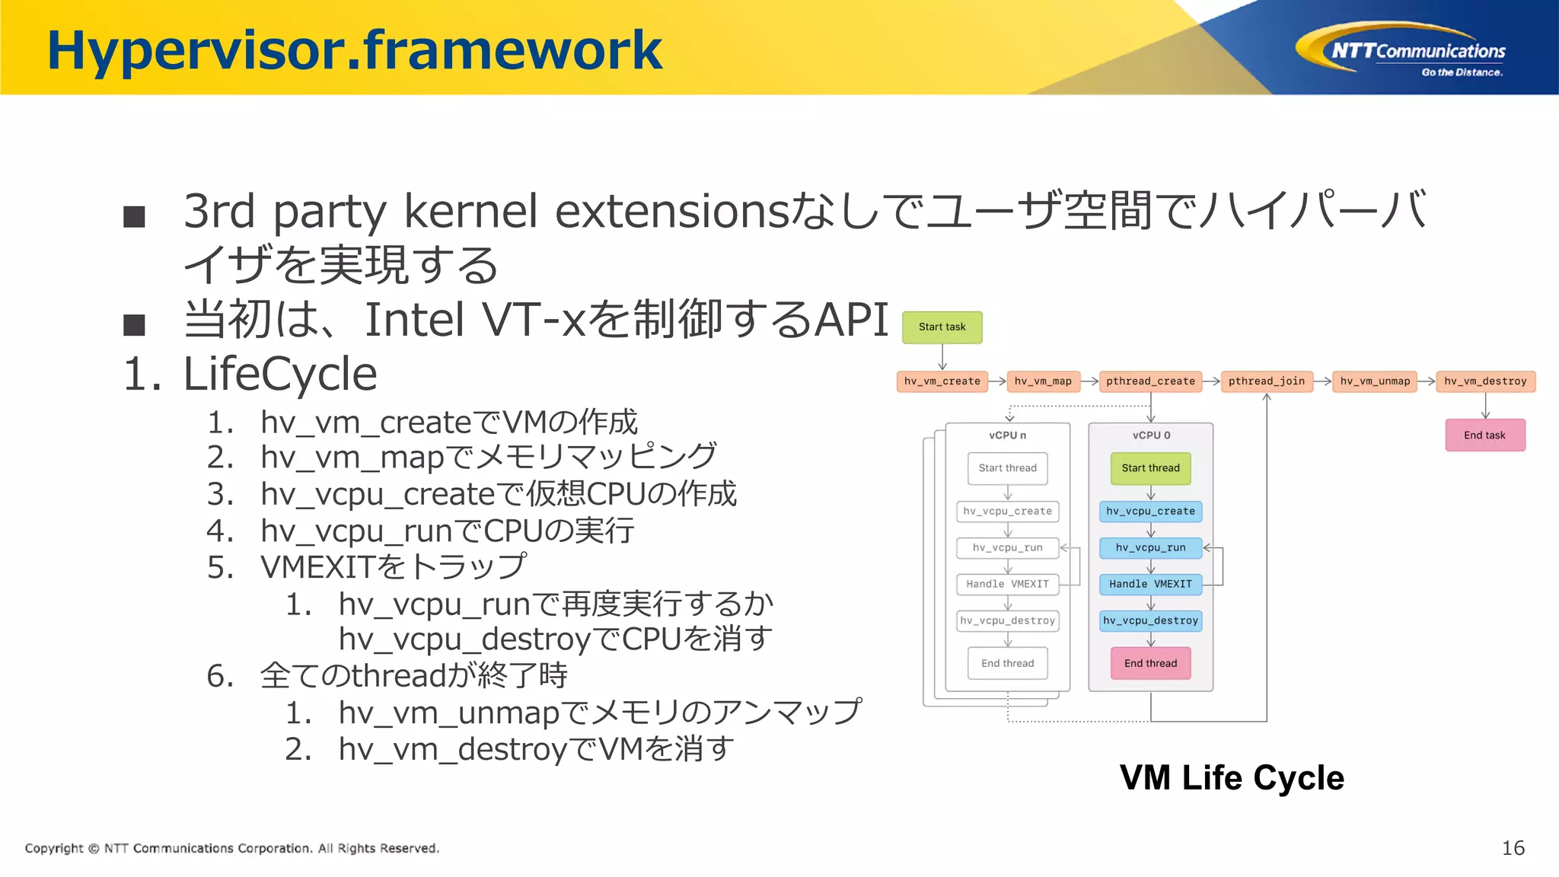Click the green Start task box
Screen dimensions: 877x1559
click(942, 327)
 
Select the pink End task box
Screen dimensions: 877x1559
click(1484, 435)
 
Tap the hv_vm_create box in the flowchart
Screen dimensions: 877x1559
click(942, 381)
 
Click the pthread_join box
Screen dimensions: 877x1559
click(1266, 381)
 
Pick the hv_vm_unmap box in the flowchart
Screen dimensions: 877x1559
click(1375, 381)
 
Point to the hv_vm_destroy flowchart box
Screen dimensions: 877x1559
click(1485, 381)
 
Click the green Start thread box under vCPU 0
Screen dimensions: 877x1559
click(1150, 468)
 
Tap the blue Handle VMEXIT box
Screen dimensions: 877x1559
click(1150, 585)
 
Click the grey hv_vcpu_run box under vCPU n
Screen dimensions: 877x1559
click(1007, 548)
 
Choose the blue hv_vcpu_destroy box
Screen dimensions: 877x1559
click(1150, 621)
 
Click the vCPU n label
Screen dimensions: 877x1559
click(1007, 435)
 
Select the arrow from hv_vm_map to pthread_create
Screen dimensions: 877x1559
click(1089, 381)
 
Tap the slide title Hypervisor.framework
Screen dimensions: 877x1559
click(355, 50)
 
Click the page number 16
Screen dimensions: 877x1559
click(1513, 848)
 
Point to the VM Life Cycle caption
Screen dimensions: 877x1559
click(1231, 778)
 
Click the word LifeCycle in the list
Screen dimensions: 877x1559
click(280, 374)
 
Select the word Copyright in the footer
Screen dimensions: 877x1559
click(54, 848)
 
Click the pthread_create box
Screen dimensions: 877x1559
click(1150, 381)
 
